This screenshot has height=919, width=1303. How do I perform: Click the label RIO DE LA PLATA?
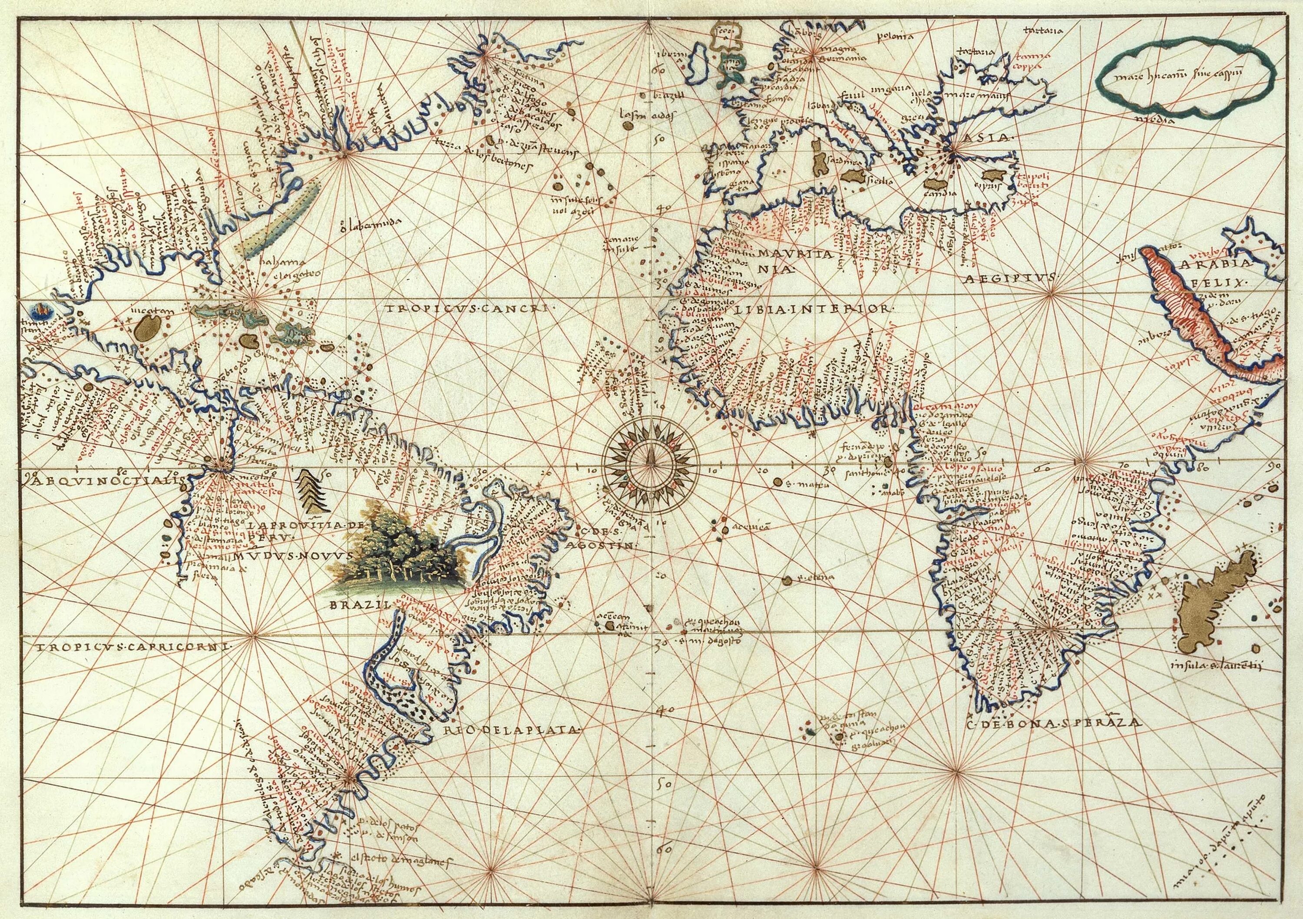513,731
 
